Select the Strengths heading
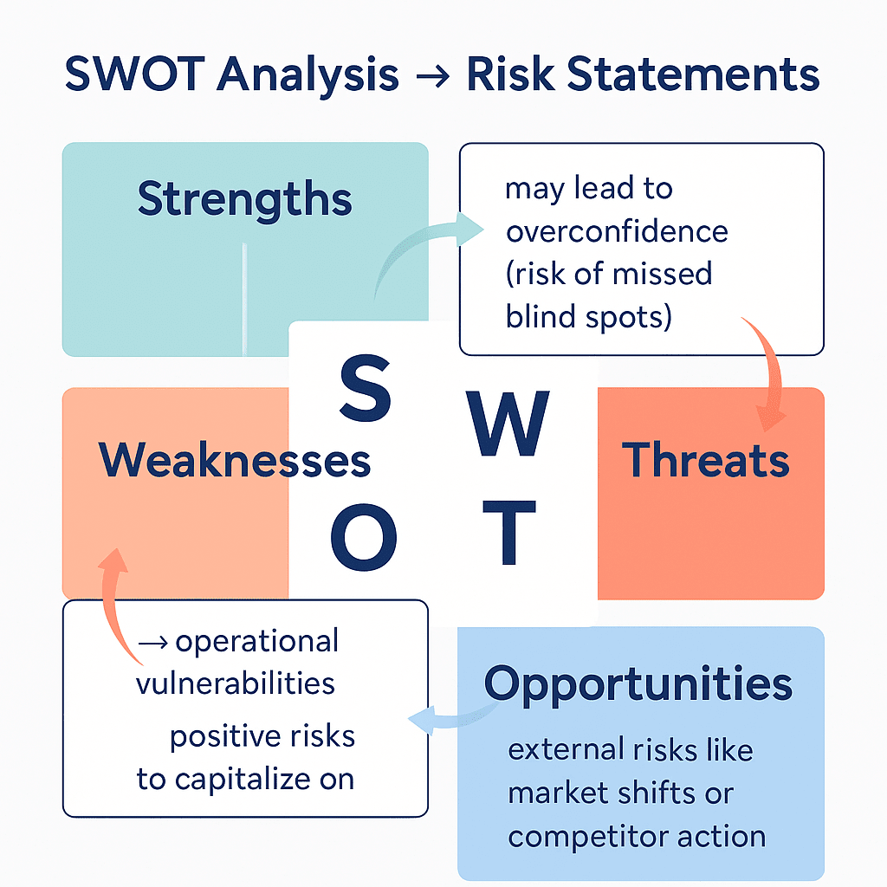pyautogui.click(x=245, y=199)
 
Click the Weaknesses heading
pyautogui.click(x=235, y=459)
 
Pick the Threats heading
pyautogui.click(x=706, y=459)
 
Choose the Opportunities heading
pyautogui.click(x=638, y=683)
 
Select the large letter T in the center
pyautogui.click(x=508, y=530)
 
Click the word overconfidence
pyautogui.click(x=617, y=231)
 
